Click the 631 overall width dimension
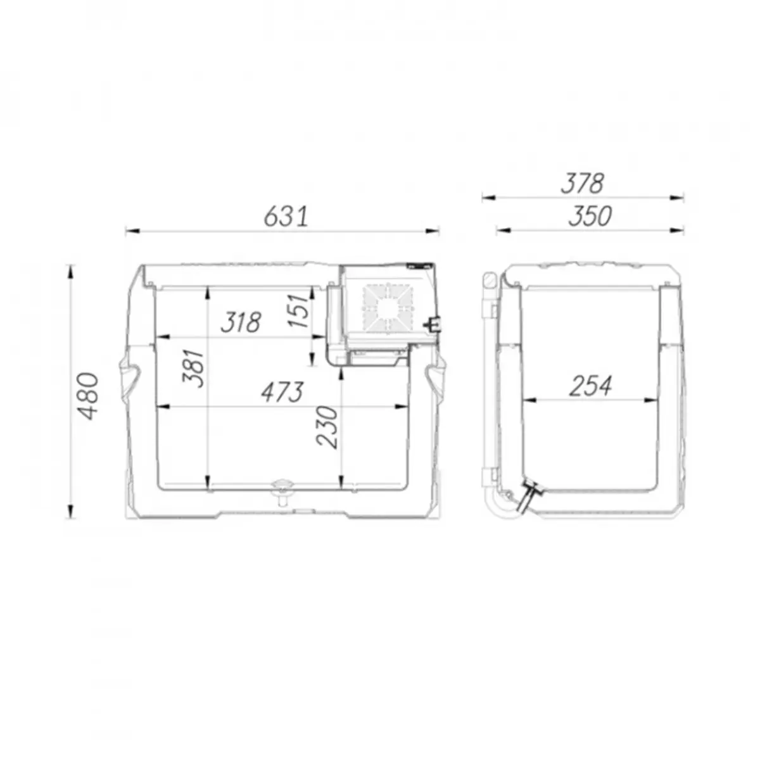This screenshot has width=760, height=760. click(x=285, y=217)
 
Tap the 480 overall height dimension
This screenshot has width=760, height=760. click(x=87, y=396)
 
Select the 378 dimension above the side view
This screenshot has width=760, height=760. click(x=582, y=184)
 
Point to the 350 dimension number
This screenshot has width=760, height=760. click(x=590, y=217)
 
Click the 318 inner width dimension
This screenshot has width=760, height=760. click(x=241, y=322)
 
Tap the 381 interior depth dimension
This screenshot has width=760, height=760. click(x=193, y=367)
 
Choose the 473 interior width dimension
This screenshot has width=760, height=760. click(x=282, y=392)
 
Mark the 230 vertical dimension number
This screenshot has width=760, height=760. click(x=328, y=427)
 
